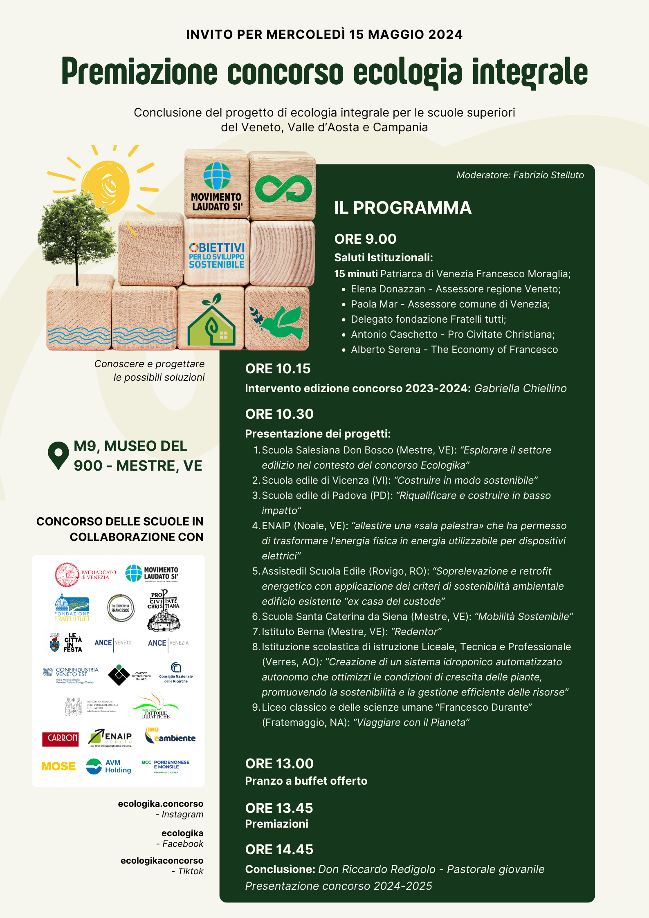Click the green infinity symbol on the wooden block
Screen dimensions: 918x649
[283, 189]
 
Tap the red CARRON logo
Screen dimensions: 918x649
[61, 738]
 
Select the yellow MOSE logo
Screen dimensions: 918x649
[58, 766]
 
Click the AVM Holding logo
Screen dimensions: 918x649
[109, 766]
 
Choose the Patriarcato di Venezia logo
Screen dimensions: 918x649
[85, 575]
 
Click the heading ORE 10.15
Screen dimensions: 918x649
[278, 369]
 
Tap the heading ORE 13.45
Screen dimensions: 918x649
[279, 808]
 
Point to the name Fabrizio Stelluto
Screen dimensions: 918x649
[548, 175]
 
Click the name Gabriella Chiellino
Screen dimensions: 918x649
[520, 388]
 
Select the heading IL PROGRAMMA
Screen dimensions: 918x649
[403, 208]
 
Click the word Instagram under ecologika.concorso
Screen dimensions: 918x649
[182, 814]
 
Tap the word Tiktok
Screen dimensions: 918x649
[190, 871]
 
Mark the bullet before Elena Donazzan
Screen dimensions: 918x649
[344, 290]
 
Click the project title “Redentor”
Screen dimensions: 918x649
[416, 632]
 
